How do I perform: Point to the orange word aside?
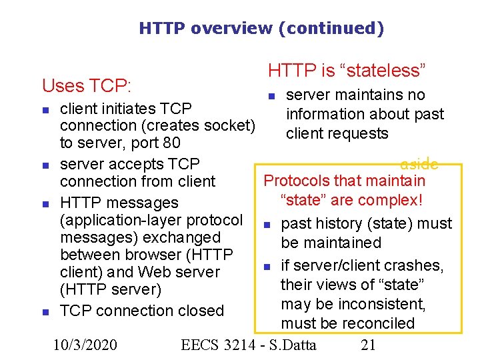point(419,164)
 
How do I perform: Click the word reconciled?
point(380,324)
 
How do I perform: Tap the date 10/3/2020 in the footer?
point(85,345)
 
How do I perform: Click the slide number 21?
point(368,345)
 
